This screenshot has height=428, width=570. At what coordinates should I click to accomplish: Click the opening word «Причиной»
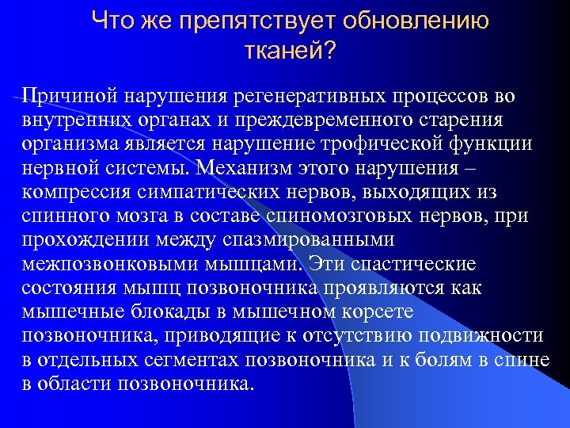click(66, 96)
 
